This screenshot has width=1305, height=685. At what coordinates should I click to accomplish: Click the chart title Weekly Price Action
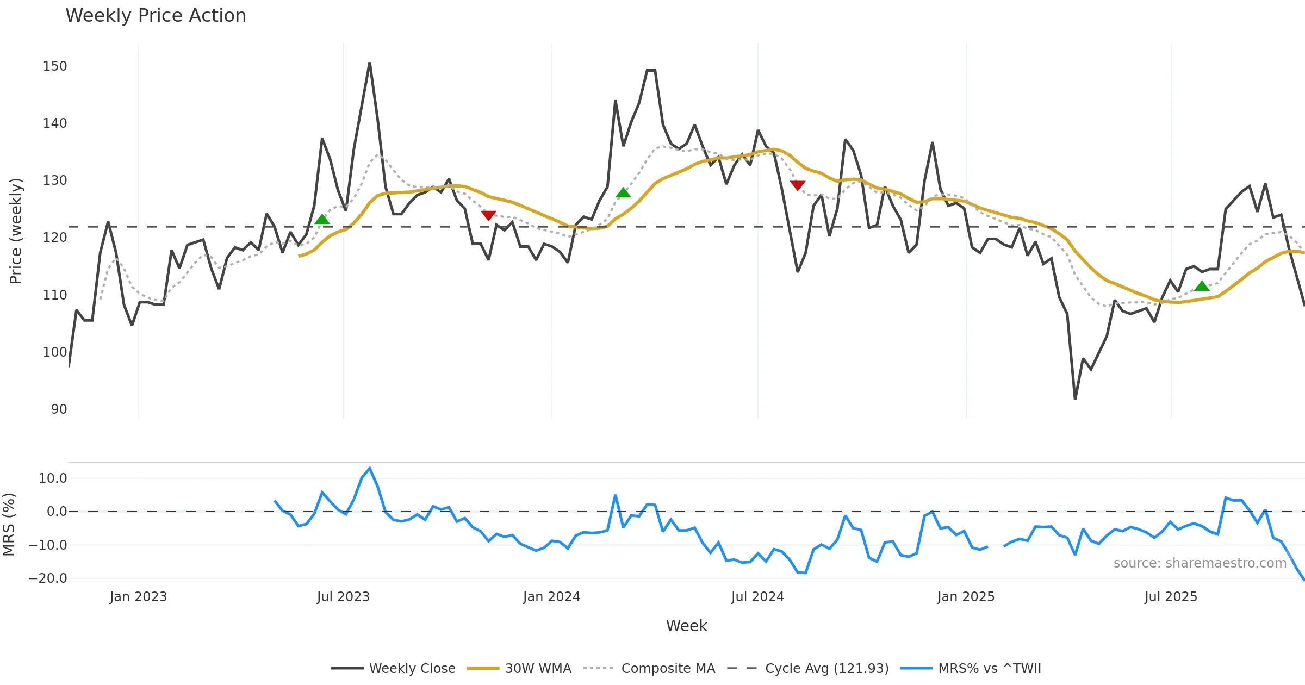156,16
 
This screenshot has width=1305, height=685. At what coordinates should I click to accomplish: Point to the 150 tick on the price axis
55,66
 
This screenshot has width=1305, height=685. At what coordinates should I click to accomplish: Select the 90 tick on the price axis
59,409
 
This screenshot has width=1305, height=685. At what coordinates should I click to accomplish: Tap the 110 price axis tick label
55,295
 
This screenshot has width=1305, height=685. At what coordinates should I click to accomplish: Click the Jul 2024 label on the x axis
757,597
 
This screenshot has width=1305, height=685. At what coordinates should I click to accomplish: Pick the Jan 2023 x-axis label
138,597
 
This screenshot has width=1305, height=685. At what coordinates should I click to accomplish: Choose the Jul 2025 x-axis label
1171,597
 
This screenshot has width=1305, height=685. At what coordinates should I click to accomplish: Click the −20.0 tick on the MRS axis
48,578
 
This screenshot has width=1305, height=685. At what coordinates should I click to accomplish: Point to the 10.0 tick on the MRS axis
53,478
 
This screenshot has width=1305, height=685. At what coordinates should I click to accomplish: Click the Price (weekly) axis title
16,231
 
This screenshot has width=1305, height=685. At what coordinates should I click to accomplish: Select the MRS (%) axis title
9,525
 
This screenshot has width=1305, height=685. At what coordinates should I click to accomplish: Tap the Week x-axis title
686,626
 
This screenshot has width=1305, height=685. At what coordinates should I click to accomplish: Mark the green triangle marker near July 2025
1202,286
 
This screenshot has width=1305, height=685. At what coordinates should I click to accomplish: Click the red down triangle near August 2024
798,185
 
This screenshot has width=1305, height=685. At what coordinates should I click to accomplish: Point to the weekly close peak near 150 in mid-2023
370,64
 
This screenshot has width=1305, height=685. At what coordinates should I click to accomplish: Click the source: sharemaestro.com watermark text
1200,563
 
